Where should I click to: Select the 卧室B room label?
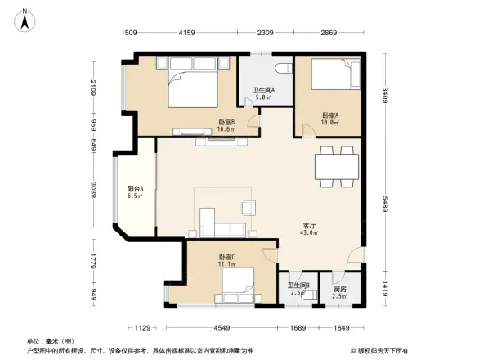(226, 124)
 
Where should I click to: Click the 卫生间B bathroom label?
(298, 288)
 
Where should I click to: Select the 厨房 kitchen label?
(338, 288)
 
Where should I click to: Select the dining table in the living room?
(337, 166)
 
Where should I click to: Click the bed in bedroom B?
(193, 87)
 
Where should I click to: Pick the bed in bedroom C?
(236, 286)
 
